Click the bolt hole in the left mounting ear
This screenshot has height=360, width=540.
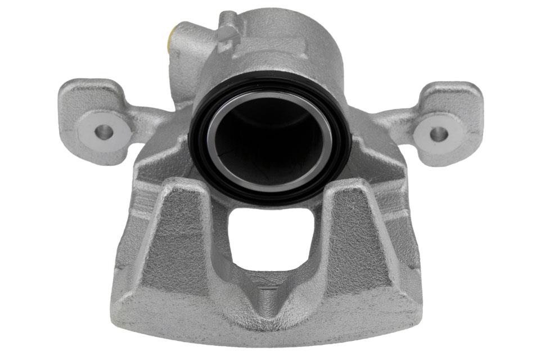[103, 133]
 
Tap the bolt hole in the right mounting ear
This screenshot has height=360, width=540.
[438, 134]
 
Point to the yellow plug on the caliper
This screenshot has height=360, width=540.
[170, 39]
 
